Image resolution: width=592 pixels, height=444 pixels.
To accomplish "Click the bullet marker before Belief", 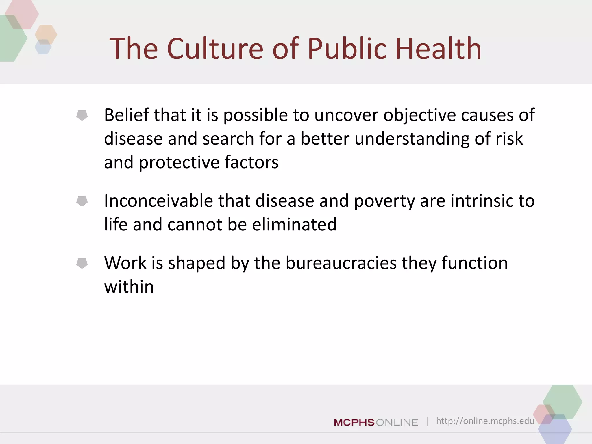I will pos(82,115).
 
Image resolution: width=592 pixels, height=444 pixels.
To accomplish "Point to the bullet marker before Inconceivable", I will pos(82,201).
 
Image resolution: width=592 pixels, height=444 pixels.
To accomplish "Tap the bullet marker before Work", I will pos(82,263).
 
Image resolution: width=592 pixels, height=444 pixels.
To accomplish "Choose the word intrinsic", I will pos(482,201).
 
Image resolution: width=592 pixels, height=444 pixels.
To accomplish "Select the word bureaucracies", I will pos(341,263).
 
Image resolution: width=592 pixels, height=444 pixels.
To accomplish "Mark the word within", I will pos(129,287).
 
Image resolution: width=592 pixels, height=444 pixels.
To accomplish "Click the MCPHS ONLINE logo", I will pos(376,422).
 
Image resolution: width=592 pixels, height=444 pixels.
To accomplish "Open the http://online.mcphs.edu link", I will pos(485,421).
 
